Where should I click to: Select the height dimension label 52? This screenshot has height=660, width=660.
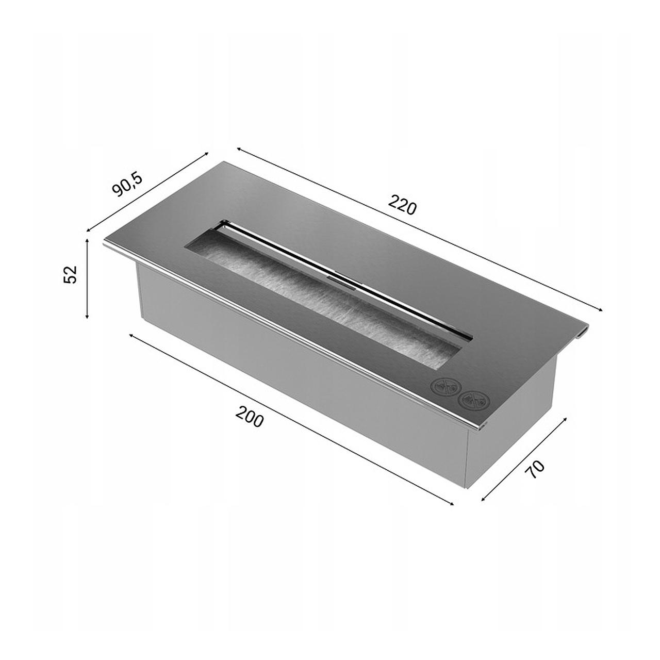click(x=71, y=274)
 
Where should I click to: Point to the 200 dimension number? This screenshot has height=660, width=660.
click(x=250, y=417)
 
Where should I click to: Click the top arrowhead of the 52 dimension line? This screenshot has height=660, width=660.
click(x=87, y=240)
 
